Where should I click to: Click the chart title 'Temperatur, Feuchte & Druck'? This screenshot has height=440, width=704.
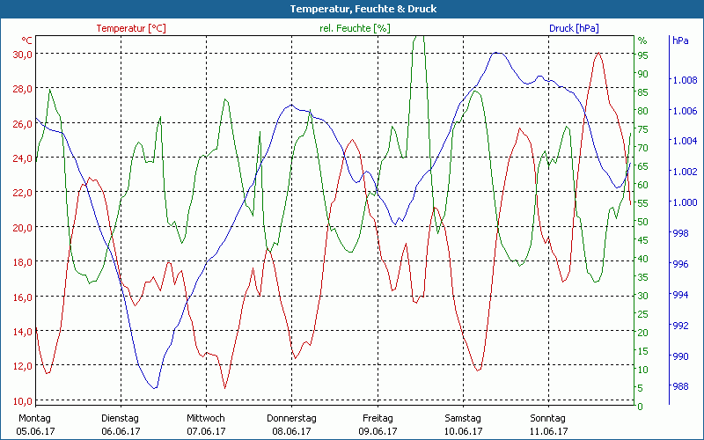(x=351, y=9)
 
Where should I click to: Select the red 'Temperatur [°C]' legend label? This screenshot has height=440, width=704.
(x=131, y=28)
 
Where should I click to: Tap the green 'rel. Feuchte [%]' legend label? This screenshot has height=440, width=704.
(x=354, y=28)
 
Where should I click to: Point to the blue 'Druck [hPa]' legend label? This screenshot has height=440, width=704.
(x=574, y=28)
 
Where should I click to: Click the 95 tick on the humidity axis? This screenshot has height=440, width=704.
(x=642, y=55)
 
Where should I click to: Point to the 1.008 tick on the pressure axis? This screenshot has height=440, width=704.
(x=685, y=80)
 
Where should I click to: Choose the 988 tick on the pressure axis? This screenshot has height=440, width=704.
(x=680, y=386)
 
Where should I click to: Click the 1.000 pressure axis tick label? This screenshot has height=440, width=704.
(x=685, y=202)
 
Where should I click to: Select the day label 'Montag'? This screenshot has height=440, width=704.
(x=35, y=418)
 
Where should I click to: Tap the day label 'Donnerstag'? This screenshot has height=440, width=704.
(x=291, y=418)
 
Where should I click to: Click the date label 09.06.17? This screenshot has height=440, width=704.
(x=378, y=431)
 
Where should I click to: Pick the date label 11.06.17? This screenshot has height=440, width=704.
(x=548, y=431)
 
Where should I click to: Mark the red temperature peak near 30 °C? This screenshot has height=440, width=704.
(x=598, y=54)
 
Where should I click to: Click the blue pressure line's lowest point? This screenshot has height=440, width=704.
(x=155, y=388)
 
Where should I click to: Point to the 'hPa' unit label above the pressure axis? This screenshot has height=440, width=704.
(x=680, y=40)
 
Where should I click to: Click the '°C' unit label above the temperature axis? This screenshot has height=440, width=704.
(x=27, y=40)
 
